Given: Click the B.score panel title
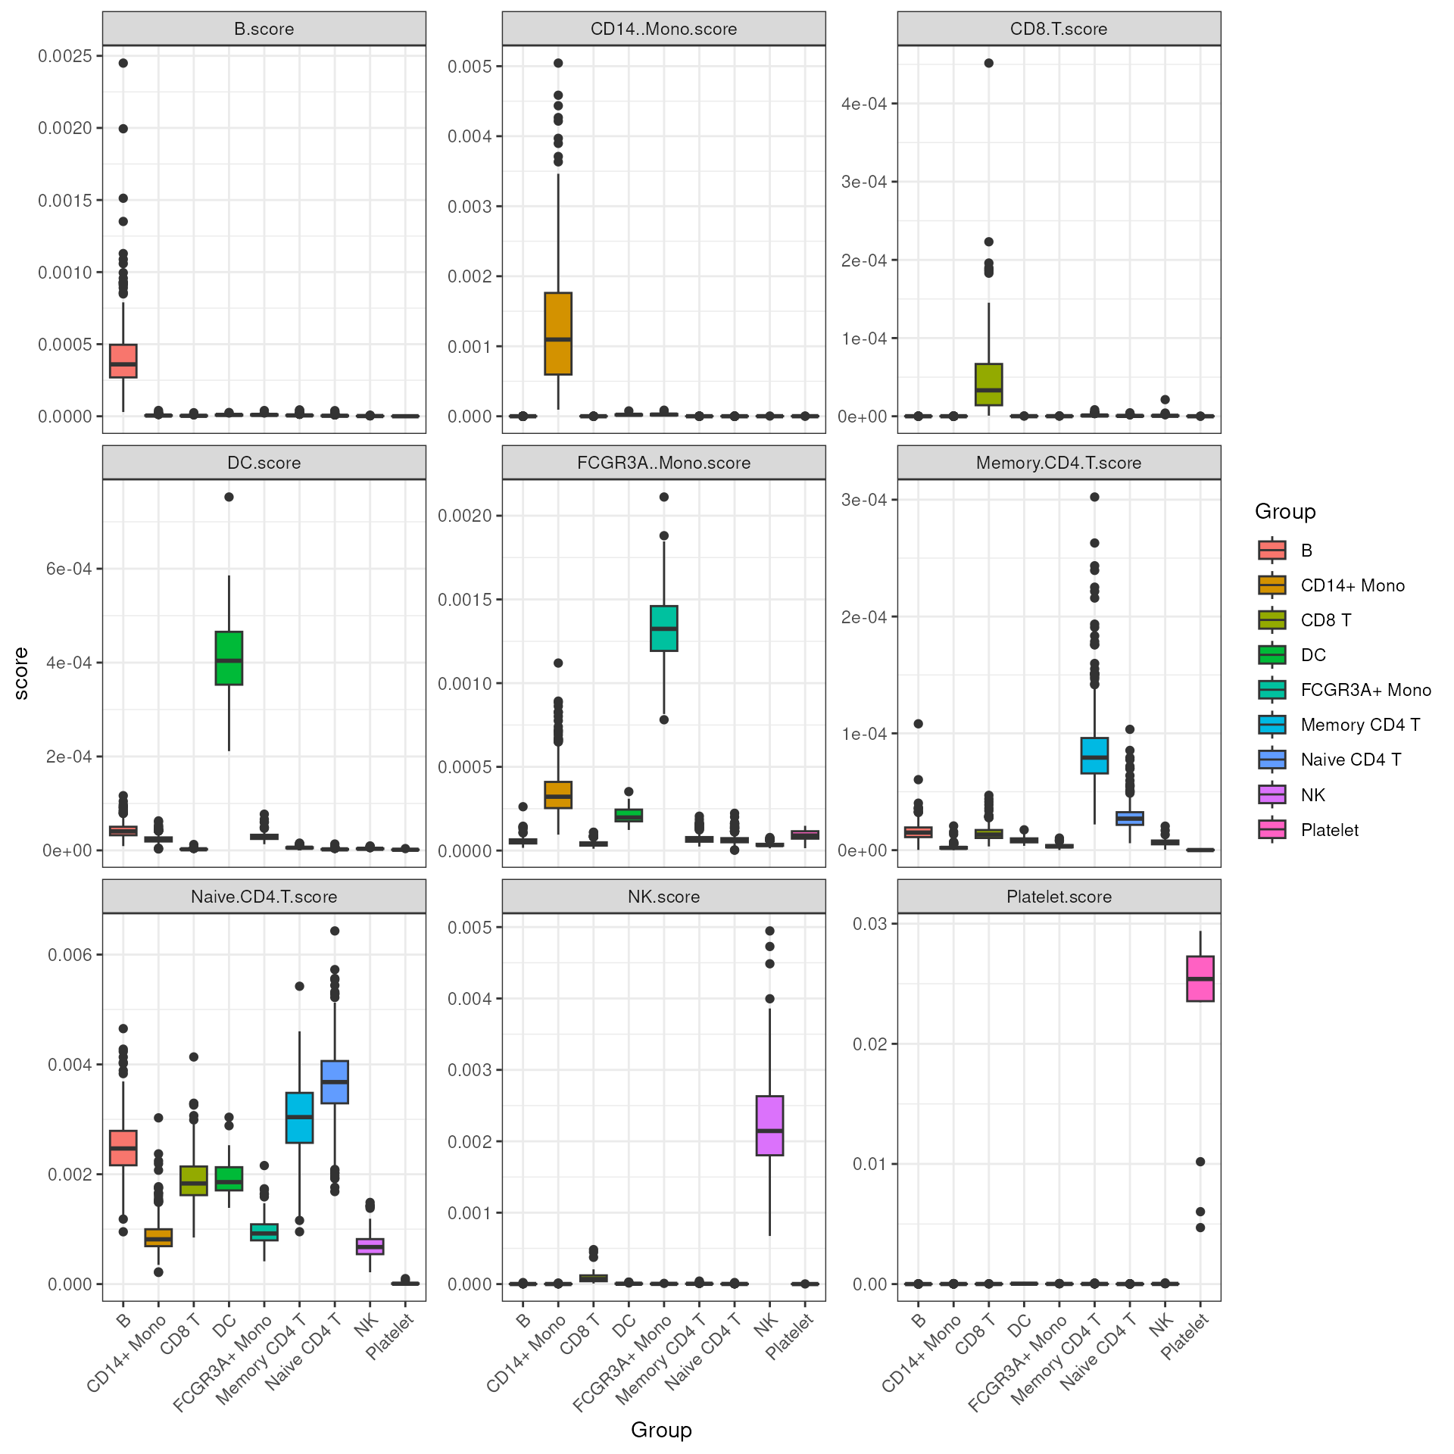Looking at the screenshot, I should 264,29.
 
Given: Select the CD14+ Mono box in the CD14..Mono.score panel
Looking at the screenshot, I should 558,333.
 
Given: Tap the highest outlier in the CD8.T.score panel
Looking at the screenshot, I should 988,63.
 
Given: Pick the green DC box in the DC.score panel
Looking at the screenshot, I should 229,658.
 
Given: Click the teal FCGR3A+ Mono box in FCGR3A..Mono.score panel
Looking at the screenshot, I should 664,628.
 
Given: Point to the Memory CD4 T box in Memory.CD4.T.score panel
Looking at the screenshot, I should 1094,755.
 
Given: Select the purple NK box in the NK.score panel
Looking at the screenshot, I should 769,1125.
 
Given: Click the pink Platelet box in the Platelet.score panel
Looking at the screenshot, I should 1200,978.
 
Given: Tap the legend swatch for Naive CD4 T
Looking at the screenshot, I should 1272,760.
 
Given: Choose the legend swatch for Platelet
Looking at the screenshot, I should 1272,830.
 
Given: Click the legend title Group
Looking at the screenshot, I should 1285,512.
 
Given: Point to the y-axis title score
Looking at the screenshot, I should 21,673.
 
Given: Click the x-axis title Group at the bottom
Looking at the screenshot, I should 661,1430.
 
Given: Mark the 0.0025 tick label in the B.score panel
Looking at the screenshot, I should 65,56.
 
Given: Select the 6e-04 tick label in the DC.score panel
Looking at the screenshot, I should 69,569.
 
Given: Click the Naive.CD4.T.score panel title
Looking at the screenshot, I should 264,897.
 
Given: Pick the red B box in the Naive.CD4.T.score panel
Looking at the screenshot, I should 123,1148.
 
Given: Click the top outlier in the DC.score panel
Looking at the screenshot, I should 229,497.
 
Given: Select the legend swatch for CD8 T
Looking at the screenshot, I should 1272,620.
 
